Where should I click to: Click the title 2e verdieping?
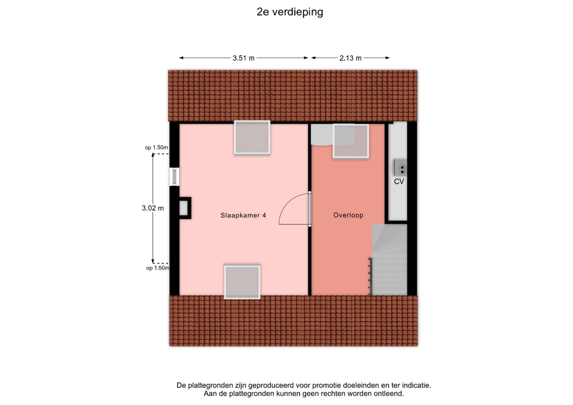tap(290, 12)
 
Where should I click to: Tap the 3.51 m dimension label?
tap(243, 58)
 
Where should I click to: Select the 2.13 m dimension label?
tap(350, 58)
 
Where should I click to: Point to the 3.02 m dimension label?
tap(153, 208)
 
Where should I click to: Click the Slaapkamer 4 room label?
tap(243, 216)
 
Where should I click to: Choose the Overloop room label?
tap(348, 216)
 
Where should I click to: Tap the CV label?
tap(399, 182)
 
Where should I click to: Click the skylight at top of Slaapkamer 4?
tap(252, 137)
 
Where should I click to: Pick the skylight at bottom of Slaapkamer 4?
tap(242, 282)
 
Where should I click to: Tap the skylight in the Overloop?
tap(350, 141)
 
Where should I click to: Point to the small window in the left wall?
tap(174, 177)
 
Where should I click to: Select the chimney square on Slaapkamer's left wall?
tap(185, 208)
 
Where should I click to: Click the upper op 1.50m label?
tap(157, 148)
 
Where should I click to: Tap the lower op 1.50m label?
tap(157, 268)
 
